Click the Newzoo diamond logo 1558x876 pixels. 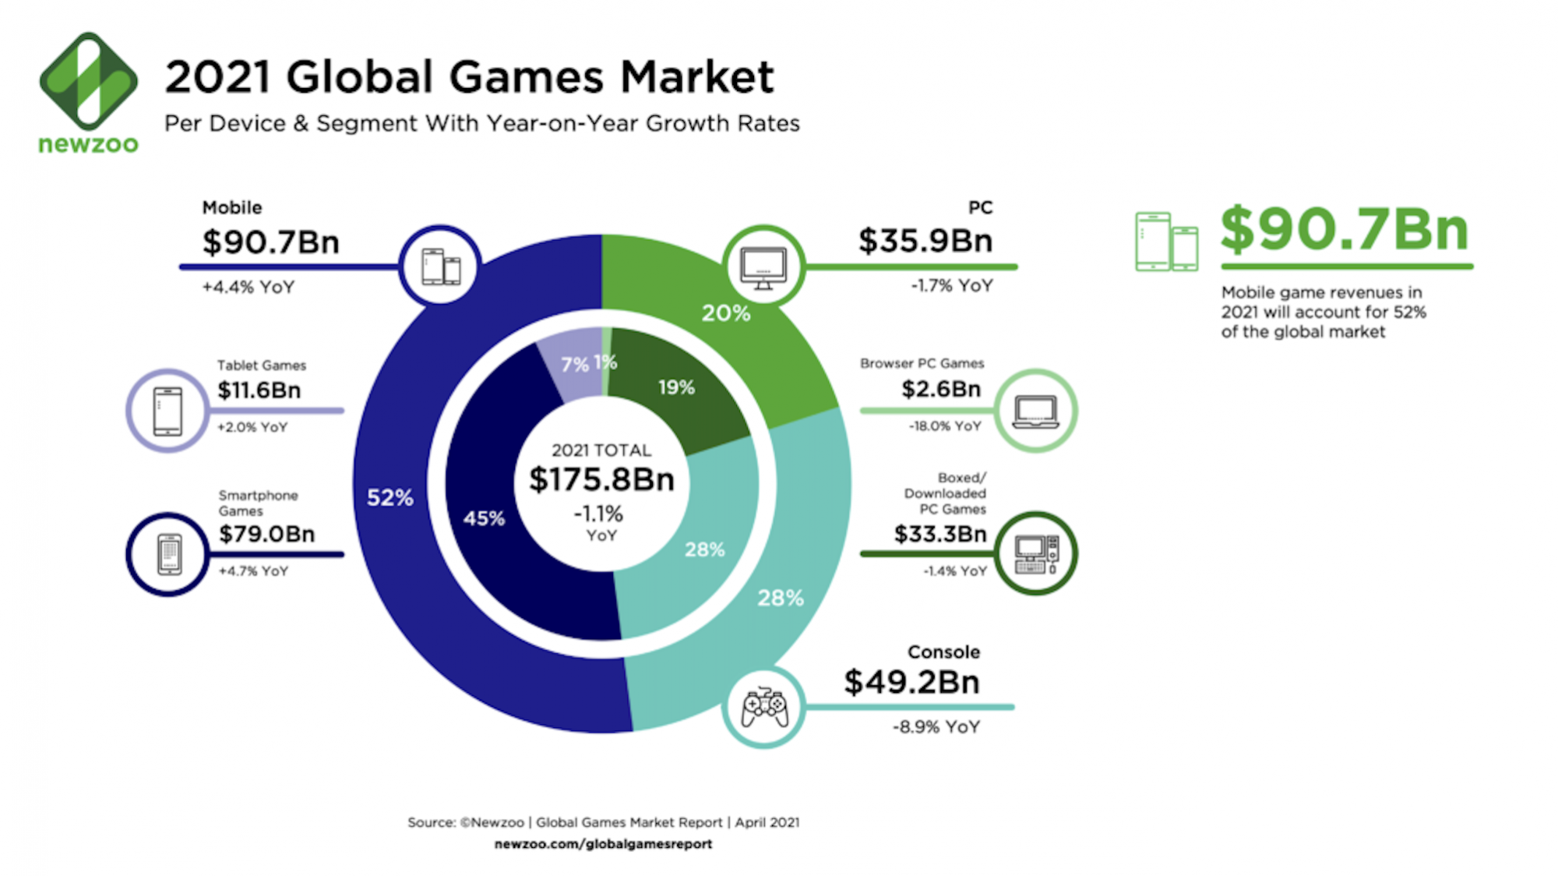pyautogui.click(x=89, y=80)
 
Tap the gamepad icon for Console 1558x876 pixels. pyautogui.click(x=763, y=707)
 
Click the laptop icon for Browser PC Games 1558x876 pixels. pyautogui.click(x=1035, y=411)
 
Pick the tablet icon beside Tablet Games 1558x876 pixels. pyautogui.click(x=167, y=411)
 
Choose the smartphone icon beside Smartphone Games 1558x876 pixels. pyautogui.click(x=168, y=554)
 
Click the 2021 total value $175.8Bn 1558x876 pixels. pyautogui.click(x=601, y=479)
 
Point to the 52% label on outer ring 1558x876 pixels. pyautogui.click(x=390, y=497)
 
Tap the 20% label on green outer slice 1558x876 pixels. pyautogui.click(x=725, y=313)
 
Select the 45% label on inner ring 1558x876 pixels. pyautogui.click(x=484, y=518)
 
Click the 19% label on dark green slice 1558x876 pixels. pyautogui.click(x=676, y=387)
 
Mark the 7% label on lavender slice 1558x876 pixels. pyautogui.click(x=575, y=364)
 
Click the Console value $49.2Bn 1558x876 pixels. pyautogui.click(x=911, y=682)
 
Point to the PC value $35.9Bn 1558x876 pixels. pyautogui.click(x=925, y=241)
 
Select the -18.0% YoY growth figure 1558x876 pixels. pyautogui.click(x=945, y=426)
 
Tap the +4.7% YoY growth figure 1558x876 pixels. pyautogui.click(x=253, y=571)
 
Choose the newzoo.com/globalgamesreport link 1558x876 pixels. pyautogui.click(x=603, y=844)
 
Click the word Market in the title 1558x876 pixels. pyautogui.click(x=697, y=77)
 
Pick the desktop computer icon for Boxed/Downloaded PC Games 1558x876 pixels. pyautogui.click(x=1036, y=554)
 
